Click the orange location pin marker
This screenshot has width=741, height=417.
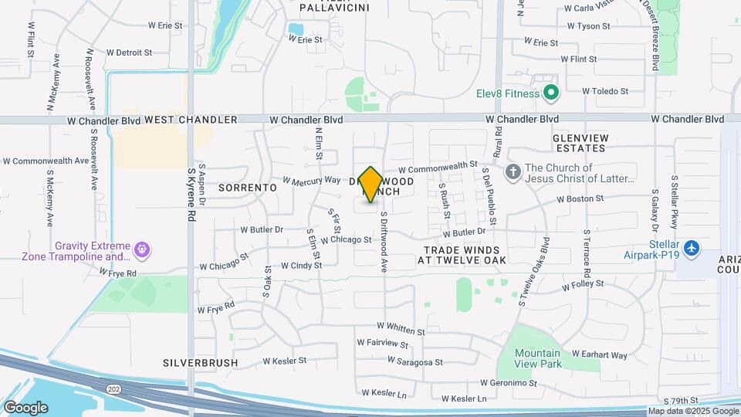tap(370, 184)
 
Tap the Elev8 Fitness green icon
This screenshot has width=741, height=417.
tap(550, 93)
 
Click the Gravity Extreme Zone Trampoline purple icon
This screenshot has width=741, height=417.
tap(141, 249)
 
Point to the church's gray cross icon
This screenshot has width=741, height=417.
tap(513, 171)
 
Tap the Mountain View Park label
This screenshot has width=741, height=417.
tap(539, 358)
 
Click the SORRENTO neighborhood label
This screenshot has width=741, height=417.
tap(247, 188)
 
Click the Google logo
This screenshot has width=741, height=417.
tap(25, 407)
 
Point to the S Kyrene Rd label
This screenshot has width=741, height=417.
tap(191, 194)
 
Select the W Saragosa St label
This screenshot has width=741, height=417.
tap(414, 361)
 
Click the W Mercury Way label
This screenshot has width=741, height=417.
tap(311, 180)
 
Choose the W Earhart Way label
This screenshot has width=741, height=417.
tap(599, 354)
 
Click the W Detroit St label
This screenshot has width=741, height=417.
tap(128, 53)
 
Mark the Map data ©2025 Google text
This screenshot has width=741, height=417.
tap(684, 412)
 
